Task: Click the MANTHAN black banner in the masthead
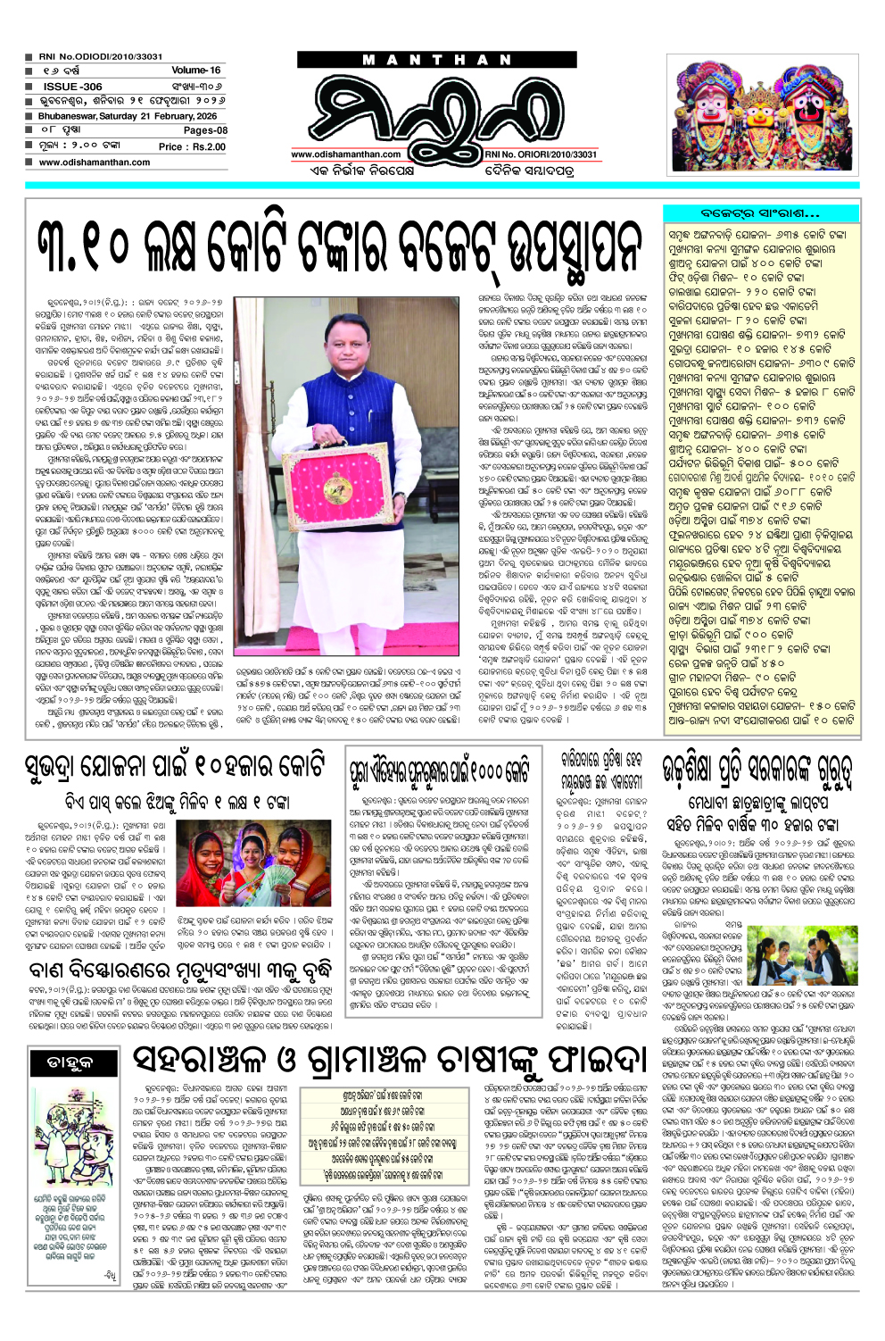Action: click(x=438, y=60)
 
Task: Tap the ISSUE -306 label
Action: click(x=73, y=87)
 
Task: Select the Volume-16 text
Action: click(x=195, y=70)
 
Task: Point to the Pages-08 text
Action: click(x=205, y=130)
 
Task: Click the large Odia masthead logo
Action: click(x=437, y=107)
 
